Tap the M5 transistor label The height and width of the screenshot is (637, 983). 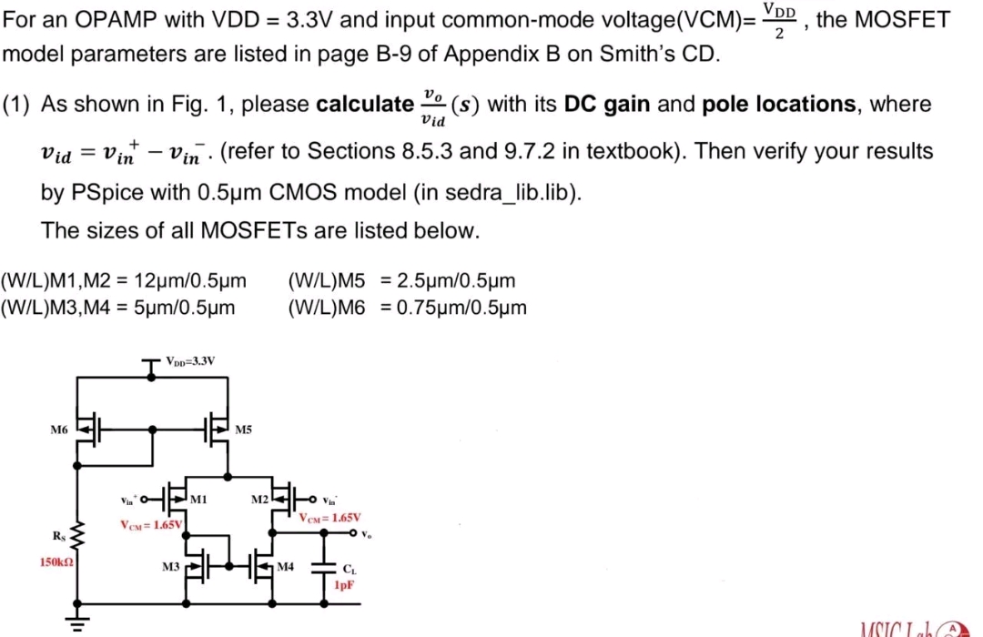click(243, 429)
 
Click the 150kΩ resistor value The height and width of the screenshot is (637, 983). click(56, 562)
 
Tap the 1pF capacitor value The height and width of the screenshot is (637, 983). click(343, 585)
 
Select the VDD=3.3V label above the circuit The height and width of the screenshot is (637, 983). click(191, 360)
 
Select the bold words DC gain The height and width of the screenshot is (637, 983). click(607, 104)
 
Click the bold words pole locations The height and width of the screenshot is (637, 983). click(778, 104)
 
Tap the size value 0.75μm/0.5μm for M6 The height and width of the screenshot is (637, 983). click(454, 308)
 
